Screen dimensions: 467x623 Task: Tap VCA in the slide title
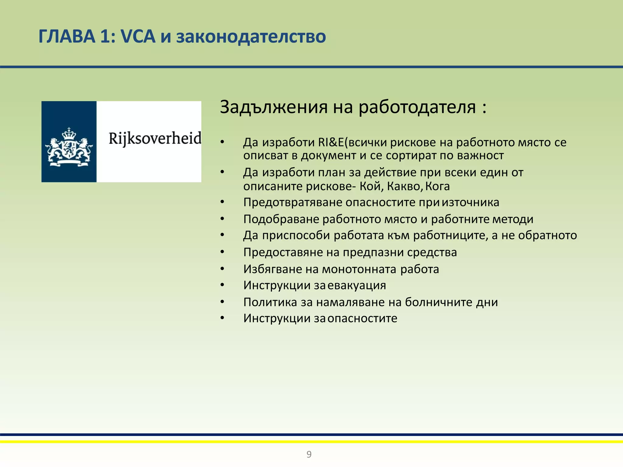(x=138, y=36)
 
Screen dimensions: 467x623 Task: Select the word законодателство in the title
(x=251, y=37)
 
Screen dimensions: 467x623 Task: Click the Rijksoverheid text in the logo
(x=155, y=139)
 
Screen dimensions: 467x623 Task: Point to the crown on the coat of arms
(x=69, y=133)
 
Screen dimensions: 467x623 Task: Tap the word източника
(x=471, y=202)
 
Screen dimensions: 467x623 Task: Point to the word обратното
(x=548, y=235)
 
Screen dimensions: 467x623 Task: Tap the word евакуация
(x=357, y=285)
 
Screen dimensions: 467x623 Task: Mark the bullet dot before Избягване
(x=222, y=269)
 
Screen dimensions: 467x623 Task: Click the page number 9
(x=309, y=454)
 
